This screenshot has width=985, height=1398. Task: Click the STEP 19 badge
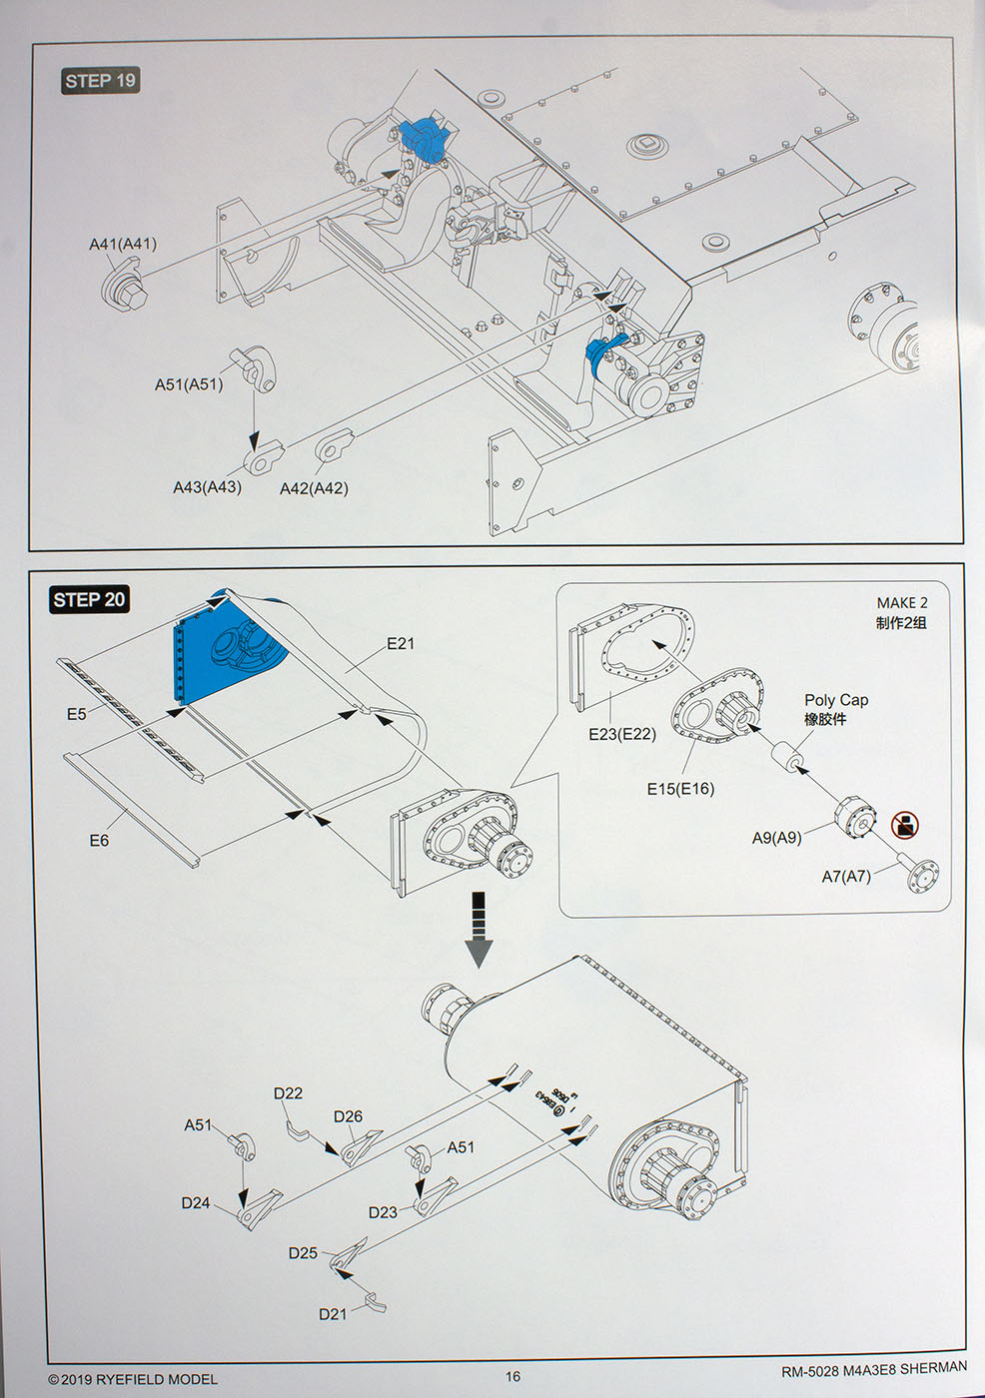[100, 81]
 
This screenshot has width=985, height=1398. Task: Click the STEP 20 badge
[89, 599]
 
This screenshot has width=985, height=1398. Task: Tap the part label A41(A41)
[123, 244]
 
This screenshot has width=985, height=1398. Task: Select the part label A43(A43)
[207, 487]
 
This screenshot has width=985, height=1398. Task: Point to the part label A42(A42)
[314, 488]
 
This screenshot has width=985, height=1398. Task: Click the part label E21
[400, 643]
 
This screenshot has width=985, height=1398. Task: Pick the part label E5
[77, 714]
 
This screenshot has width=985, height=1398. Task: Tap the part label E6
[99, 841]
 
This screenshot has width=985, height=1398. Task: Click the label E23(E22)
[622, 734]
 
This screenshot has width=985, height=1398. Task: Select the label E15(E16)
[680, 789]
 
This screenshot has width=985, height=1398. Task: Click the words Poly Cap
[836, 700]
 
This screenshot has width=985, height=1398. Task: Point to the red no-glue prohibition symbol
[904, 825]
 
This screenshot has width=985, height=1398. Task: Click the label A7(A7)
[846, 876]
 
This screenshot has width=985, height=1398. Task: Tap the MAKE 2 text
[901, 603]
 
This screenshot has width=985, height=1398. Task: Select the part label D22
[288, 1093]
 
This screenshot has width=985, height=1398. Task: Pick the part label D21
[333, 1314]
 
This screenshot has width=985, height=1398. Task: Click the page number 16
[512, 1376]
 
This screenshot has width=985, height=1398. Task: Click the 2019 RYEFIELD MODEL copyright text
[133, 1379]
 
